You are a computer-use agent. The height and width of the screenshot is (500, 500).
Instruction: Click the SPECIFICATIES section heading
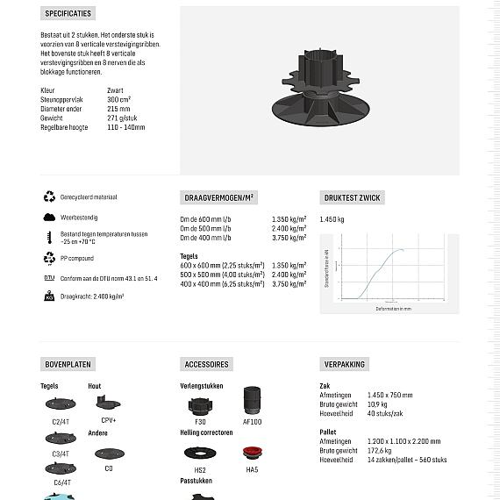coord(68,14)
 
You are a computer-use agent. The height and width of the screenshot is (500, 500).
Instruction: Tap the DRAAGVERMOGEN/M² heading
coord(219,198)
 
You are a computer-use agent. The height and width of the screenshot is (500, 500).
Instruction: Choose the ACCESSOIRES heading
coord(207,364)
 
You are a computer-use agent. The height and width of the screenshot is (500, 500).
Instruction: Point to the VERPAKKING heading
coord(345,364)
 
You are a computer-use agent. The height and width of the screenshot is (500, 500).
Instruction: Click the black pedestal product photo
coord(318,93)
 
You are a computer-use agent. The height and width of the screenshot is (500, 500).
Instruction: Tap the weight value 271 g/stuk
coord(122,118)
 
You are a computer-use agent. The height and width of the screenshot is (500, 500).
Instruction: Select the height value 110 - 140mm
coord(126,127)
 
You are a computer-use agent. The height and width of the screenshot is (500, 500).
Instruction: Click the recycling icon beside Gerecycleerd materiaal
coord(49,197)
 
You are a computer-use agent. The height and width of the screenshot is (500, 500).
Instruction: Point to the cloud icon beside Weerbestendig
coord(49,217)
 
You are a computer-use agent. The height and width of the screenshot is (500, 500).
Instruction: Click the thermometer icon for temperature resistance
coord(49,238)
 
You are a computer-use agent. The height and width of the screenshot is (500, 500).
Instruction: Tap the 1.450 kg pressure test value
coord(332,219)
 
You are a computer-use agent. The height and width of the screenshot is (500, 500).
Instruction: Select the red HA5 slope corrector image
coord(252,454)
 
